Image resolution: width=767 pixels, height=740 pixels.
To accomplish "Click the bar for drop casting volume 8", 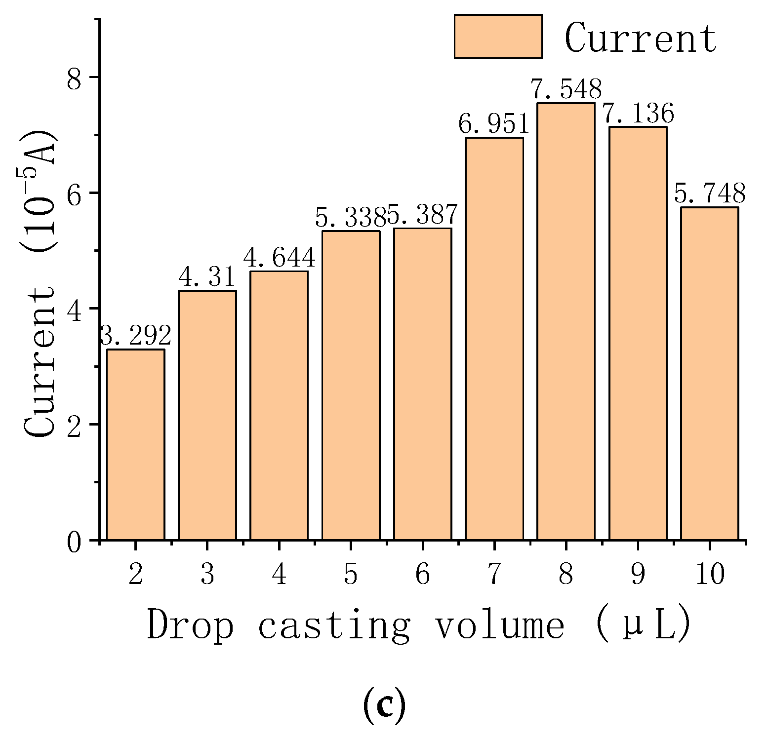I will point(566,321).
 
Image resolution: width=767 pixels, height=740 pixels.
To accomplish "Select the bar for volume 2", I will point(135,444).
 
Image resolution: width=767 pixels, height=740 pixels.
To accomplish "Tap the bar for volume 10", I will point(709,373).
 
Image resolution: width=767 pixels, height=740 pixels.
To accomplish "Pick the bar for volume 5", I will point(351,385).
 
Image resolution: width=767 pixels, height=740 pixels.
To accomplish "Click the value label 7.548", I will point(566,90).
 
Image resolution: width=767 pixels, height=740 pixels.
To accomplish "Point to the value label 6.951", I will point(493,124).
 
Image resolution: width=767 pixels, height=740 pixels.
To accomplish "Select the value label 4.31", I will point(207,278).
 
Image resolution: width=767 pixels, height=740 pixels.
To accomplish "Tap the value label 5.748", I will point(710,194).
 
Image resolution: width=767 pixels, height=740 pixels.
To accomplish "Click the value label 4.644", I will point(279,258).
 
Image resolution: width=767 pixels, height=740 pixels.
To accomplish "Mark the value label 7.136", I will point(638,114).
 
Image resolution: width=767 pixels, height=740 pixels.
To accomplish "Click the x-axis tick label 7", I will point(494,575).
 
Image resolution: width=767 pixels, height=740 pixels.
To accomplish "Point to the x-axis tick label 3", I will point(207,575).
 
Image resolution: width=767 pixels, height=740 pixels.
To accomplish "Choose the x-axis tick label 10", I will point(710,575).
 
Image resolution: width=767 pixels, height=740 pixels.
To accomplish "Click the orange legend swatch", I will point(498,37).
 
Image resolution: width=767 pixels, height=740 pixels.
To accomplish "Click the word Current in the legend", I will point(640,38).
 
